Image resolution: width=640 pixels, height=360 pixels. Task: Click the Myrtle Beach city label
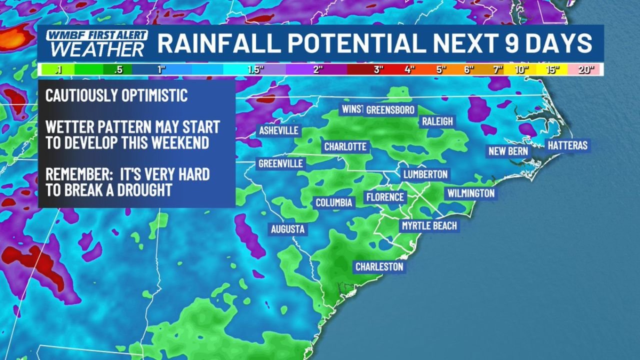[429, 226]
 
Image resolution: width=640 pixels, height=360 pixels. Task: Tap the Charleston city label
[379, 267]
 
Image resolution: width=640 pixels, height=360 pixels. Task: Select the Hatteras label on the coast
[567, 146]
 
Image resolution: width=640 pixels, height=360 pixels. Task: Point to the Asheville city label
[278, 131]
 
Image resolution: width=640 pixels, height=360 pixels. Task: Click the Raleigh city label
[437, 121]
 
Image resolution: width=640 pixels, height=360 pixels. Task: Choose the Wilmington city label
[470, 193]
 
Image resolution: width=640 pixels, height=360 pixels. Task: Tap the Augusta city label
[287, 229]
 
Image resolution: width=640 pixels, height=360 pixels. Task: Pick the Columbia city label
[334, 202]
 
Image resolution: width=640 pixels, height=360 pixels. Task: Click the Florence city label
[384, 197]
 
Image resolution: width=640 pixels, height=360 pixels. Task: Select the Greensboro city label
[390, 110]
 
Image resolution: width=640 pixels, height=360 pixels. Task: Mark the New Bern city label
[507, 151]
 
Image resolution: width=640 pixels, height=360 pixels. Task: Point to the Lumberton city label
[425, 174]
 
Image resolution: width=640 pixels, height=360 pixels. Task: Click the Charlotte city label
[345, 147]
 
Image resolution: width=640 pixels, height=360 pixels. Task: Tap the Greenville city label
[280, 163]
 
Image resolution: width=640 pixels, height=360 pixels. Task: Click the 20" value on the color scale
[584, 70]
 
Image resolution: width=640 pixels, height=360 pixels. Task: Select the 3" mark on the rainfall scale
[378, 70]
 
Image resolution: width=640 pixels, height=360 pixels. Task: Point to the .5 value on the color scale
[118, 70]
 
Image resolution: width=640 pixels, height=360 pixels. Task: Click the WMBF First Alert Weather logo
[97, 43]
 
